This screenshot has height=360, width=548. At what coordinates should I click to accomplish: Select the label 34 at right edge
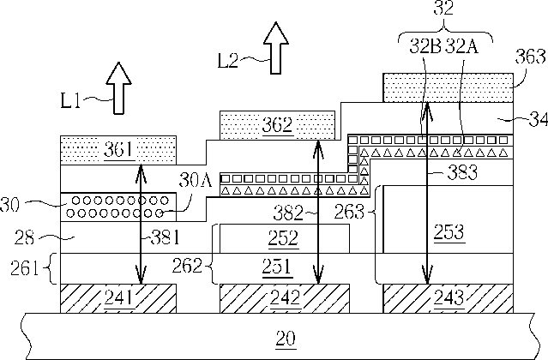(x=538, y=120)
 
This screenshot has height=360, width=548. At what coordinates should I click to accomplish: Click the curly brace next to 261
(x=51, y=268)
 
